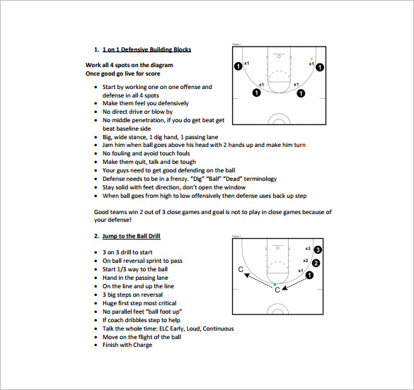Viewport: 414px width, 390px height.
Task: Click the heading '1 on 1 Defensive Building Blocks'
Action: tap(146, 49)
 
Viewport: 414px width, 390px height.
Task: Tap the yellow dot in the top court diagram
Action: tap(311, 59)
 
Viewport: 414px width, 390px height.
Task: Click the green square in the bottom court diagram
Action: tap(276, 284)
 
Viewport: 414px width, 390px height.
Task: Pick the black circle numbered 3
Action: tap(318, 250)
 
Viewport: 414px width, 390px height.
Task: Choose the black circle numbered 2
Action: tap(316, 263)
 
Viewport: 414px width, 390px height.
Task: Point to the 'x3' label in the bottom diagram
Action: tap(308, 249)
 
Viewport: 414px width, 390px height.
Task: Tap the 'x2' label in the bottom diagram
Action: tap(305, 261)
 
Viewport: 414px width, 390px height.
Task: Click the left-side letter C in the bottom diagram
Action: tap(241, 270)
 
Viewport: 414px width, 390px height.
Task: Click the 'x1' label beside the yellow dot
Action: tap(311, 65)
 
